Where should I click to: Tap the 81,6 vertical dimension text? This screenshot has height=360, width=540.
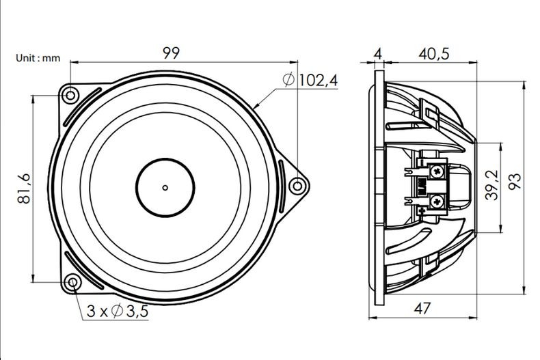[23, 188]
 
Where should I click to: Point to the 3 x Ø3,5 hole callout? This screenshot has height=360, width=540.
[118, 312]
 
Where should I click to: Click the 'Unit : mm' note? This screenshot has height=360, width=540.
[38, 59]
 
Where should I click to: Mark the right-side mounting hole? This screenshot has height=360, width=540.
[295, 184]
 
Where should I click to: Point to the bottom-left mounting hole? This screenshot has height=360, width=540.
[72, 282]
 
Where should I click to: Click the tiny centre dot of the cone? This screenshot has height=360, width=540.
[165, 186]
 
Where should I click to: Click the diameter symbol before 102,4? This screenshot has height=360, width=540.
[288, 81]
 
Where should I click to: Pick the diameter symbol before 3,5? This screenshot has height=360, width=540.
[116, 312]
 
